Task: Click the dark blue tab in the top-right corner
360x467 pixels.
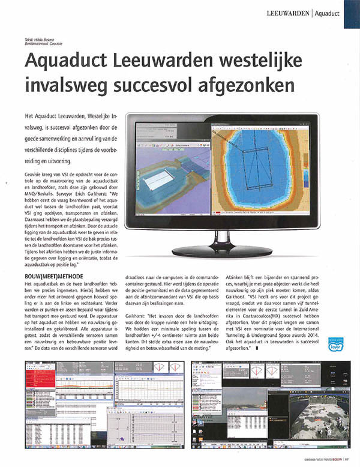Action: [352, 13]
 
